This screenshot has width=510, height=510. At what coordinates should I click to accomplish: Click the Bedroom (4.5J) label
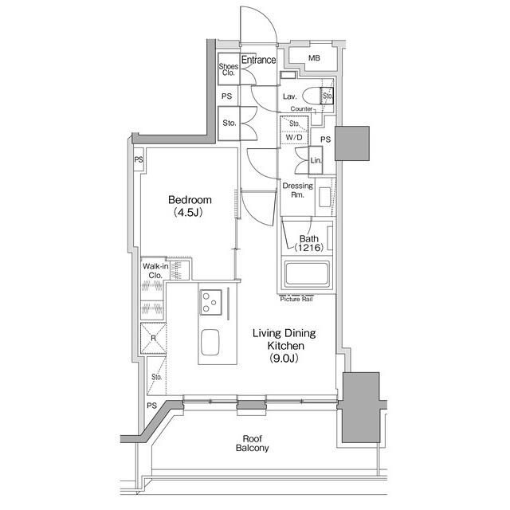coord(190,206)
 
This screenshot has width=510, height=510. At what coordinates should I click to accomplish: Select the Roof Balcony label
coord(253,443)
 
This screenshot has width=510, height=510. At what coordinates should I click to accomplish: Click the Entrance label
coord(258,60)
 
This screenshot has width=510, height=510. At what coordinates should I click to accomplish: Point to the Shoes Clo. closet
coord(229,69)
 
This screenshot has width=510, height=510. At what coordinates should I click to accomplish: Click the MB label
coord(314,58)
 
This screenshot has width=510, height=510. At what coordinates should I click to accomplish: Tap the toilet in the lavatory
coord(312,96)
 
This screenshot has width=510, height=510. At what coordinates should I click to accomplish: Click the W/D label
coord(294,137)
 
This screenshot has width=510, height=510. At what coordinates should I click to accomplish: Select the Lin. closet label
coord(316,160)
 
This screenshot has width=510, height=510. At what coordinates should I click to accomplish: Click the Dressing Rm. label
coord(297,190)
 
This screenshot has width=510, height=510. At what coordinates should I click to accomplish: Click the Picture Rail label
coord(296,300)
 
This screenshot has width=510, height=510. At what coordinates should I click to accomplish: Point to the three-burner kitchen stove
coord(211,302)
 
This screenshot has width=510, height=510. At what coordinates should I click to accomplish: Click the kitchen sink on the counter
coord(210,343)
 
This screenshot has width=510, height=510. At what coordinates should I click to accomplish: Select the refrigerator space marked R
coord(153,338)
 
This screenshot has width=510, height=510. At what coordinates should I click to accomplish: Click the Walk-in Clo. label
coord(155,271)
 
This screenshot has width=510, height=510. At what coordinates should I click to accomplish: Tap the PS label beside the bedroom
coord(139,159)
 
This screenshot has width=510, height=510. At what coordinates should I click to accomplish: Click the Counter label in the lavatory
coord(301,109)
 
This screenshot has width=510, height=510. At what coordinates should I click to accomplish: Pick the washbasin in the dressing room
coord(324,197)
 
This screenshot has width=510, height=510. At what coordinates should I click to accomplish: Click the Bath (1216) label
coord(309,243)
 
